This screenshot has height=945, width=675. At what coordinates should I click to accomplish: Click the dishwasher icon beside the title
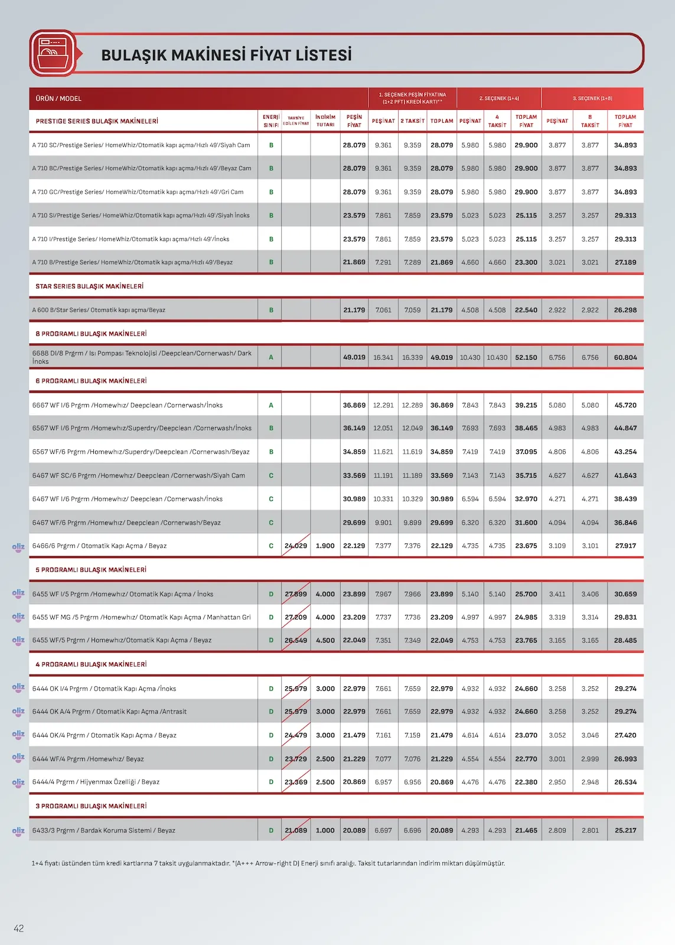pyautogui.click(x=53, y=53)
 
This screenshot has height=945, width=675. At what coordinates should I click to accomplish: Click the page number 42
pyautogui.click(x=19, y=928)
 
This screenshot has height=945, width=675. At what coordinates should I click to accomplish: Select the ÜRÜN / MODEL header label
pyautogui.click(x=58, y=99)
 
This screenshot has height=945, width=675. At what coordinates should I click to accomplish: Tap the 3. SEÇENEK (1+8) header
pyautogui.click(x=592, y=99)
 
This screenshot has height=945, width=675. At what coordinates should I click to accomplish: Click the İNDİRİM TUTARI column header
pyautogui.click(x=325, y=120)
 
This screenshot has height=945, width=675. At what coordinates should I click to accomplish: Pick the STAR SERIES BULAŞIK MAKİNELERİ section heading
pyautogui.click(x=89, y=286)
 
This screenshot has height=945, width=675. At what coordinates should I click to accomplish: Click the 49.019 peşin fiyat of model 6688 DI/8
pyautogui.click(x=354, y=357)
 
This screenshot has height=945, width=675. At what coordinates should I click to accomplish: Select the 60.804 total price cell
pyautogui.click(x=625, y=357)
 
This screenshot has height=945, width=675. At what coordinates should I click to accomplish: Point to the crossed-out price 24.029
pyautogui.click(x=296, y=546)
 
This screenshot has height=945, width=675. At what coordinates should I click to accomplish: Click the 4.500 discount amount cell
pyautogui.click(x=325, y=640)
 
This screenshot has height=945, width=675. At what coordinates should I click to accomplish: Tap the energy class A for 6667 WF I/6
pyautogui.click(x=271, y=405)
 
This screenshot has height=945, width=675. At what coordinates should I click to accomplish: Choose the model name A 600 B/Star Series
pyautogui.click(x=99, y=310)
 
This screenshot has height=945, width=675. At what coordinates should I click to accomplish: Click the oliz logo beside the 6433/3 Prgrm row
pyautogui.click(x=18, y=830)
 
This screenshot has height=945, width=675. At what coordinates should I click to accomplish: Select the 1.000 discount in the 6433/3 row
pyautogui.click(x=325, y=830)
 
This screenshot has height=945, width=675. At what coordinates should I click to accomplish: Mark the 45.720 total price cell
pyautogui.click(x=625, y=405)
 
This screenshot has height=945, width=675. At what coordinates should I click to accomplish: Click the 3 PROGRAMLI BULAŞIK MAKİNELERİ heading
pyautogui.click(x=91, y=806)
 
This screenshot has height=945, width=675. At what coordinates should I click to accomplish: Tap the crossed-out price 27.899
pyautogui.click(x=296, y=594)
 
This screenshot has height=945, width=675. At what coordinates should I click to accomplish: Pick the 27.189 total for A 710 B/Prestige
pyautogui.click(x=625, y=262)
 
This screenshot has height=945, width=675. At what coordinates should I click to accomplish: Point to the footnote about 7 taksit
pyautogui.click(x=268, y=863)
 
